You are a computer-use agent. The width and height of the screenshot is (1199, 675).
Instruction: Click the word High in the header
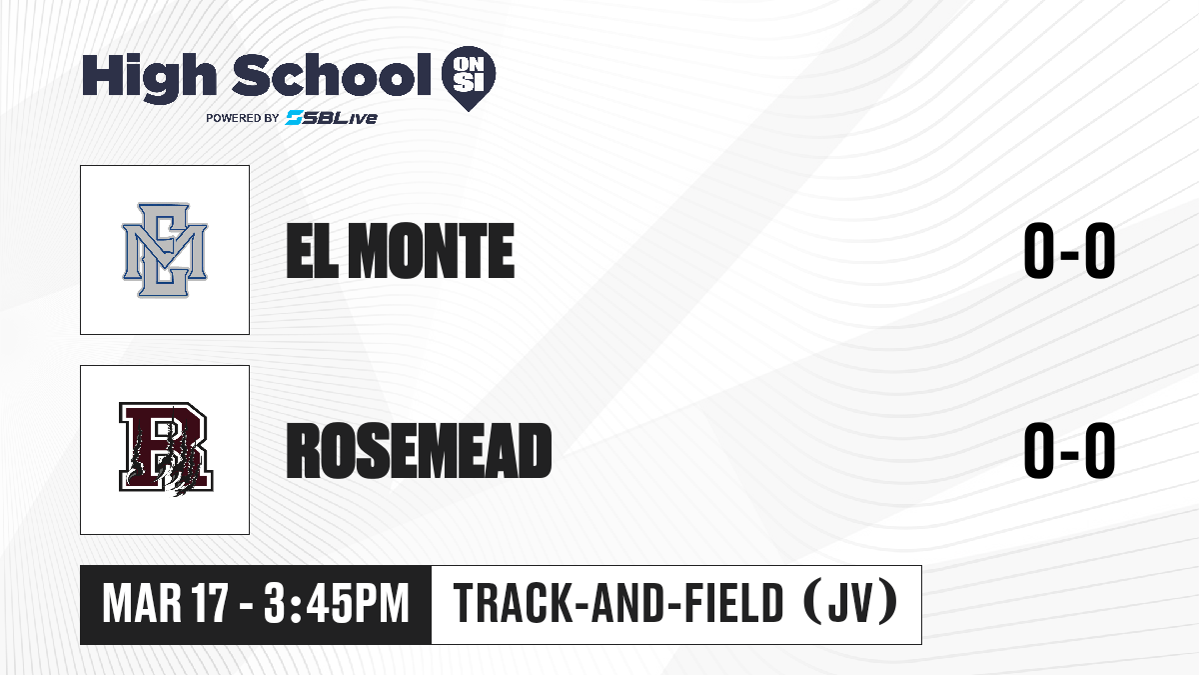149,78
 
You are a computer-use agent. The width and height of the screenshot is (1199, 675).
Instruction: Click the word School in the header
332,75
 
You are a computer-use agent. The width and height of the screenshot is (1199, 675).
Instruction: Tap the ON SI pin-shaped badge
469,78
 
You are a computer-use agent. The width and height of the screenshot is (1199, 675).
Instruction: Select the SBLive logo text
332,118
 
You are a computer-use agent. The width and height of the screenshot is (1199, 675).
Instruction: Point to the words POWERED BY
243,118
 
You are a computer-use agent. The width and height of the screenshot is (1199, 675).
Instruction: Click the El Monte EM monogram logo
165,250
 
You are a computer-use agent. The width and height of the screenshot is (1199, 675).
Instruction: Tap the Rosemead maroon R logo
166,449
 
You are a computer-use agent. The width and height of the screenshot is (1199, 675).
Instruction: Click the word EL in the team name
312,251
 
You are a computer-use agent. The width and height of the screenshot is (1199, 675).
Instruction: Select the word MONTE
432,251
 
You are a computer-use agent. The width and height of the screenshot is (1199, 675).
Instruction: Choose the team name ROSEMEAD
419,450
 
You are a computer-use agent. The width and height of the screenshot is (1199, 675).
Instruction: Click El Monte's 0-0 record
1069,251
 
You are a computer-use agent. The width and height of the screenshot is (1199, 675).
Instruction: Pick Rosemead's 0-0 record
1069,450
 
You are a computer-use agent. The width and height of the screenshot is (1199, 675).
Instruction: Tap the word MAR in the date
142,604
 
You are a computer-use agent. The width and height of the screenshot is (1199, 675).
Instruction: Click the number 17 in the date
212,604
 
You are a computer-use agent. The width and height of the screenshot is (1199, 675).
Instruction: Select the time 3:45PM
336,604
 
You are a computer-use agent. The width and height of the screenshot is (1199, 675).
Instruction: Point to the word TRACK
513,604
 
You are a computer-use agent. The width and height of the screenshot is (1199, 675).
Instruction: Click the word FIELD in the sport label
734,604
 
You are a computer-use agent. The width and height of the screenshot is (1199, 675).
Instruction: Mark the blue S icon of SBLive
295,118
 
